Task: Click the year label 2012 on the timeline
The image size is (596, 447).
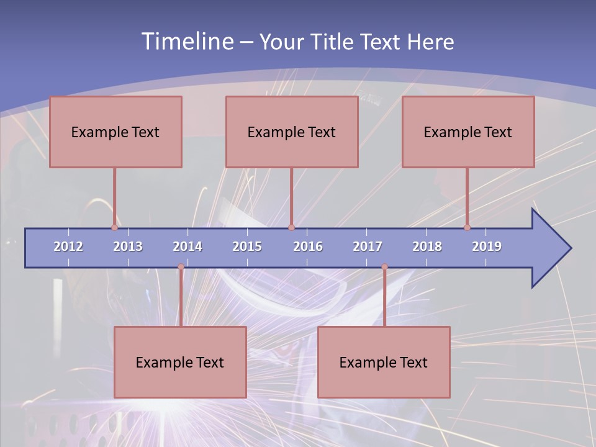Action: [68, 246]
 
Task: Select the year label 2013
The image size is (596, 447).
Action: [128, 246]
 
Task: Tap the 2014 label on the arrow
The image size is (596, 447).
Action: [187, 246]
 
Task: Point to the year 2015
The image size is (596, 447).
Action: [247, 246]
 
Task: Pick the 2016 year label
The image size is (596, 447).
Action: [308, 246]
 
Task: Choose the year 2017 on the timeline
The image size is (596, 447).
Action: [368, 246]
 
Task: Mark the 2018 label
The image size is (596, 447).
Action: [427, 246]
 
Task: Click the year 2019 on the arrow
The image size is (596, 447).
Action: [487, 246]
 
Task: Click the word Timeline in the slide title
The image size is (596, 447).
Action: [186, 42]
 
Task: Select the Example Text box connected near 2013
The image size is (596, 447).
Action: [115, 132]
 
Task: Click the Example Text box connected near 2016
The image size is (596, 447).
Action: [292, 132]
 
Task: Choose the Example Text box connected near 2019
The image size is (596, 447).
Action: [468, 132]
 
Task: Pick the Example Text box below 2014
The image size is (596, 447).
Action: [180, 362]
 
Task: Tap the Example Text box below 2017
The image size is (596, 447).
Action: [384, 362]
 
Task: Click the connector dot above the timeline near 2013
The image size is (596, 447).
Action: [115, 227]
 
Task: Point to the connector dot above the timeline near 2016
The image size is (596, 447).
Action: [291, 227]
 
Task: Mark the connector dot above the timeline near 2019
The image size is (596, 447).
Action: [467, 227]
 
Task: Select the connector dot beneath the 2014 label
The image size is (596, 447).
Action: [181, 267]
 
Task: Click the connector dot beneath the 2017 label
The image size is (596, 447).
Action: [384, 267]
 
